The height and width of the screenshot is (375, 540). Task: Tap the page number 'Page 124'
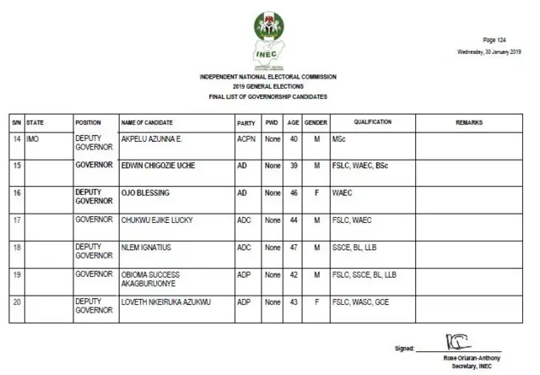494,40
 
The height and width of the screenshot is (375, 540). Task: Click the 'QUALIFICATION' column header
372,122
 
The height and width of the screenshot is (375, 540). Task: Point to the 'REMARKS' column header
468,122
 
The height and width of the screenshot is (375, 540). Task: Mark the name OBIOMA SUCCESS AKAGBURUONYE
153,280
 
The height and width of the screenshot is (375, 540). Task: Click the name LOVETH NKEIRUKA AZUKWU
163,302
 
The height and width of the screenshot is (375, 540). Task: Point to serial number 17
16,220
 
